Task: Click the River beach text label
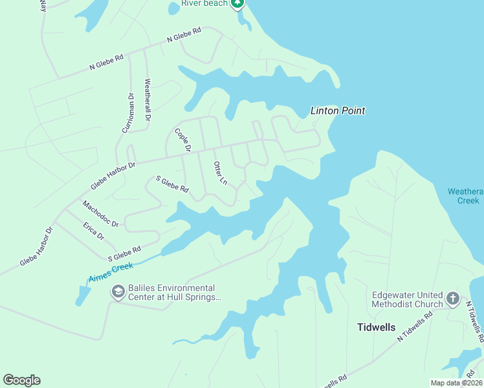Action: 204,3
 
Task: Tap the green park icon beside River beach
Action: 237,3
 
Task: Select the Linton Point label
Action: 338,111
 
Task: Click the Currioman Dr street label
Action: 127,113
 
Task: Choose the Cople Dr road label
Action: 183,140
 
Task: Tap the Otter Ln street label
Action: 221,173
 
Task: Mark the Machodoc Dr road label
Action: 100,214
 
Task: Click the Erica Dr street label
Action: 93,231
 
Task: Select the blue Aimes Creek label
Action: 111,271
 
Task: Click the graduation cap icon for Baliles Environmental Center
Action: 118,292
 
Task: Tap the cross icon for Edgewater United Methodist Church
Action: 453,299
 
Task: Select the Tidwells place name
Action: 376,327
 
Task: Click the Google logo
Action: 21,380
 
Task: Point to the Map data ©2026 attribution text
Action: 456,383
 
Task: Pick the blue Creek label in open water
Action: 470,200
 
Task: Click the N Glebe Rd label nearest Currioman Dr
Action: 106,63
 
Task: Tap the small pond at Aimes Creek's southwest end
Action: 83,296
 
